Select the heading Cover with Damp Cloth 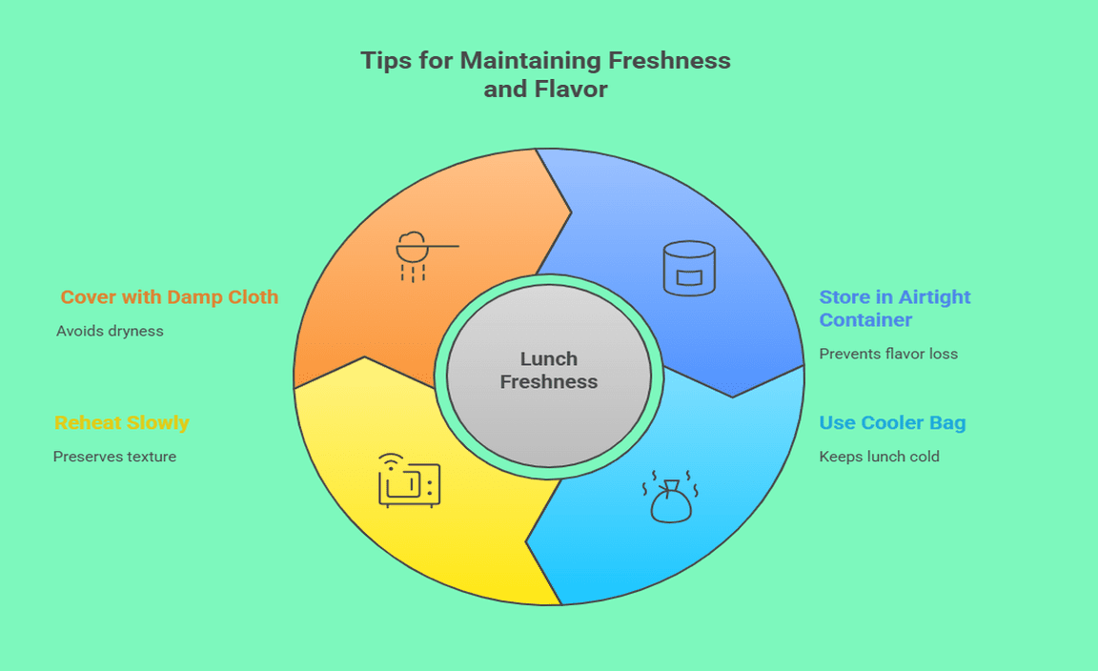coord(170,297)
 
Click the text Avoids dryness coord(110,331)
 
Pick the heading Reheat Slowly coord(121,423)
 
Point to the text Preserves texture coord(114,457)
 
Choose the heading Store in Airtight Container coord(894,308)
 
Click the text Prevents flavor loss coord(888,354)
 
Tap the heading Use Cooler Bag coord(892,423)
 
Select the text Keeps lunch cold coord(879,457)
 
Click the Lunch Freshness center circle coord(549,376)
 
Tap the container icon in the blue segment coord(689,268)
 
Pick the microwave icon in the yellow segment coord(409,481)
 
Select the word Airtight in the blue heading coord(933,297)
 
